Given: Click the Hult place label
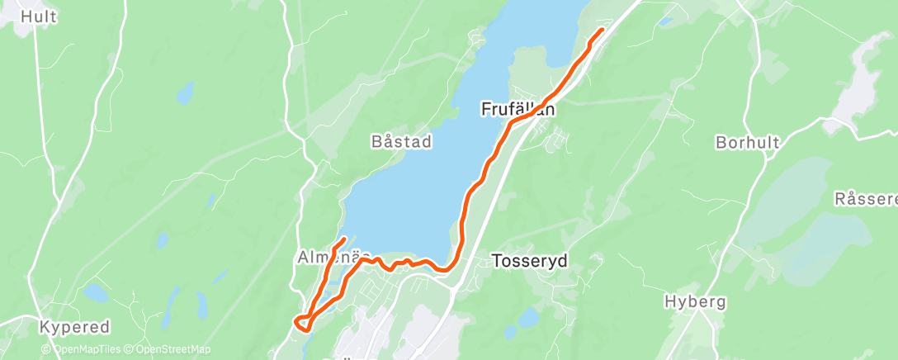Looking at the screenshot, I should (x=38, y=17).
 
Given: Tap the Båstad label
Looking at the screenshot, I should (x=400, y=142).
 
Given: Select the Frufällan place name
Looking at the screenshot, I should (x=518, y=109).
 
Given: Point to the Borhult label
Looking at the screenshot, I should (x=747, y=142).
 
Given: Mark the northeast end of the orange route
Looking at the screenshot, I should (x=601, y=30).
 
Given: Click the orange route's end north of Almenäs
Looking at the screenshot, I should (x=343, y=239).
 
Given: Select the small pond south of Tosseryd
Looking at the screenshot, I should (x=527, y=316).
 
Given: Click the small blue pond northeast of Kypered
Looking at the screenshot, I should (x=96, y=293).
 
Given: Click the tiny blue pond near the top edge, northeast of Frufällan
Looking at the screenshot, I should (x=666, y=20).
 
